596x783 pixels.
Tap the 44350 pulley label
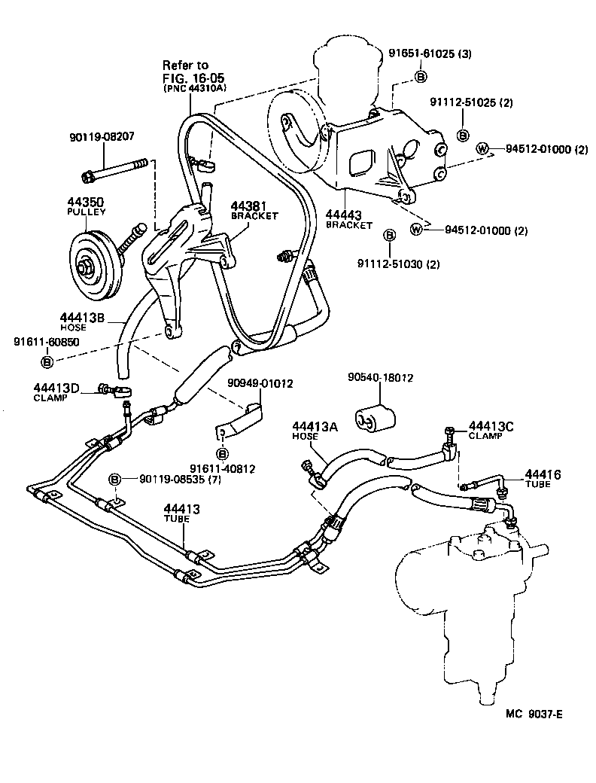pyautogui.click(x=87, y=207)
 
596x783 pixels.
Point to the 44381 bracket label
pyautogui.click(x=254, y=209)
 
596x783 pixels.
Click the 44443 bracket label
pyautogui.click(x=348, y=219)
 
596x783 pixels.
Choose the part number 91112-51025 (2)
pyautogui.click(x=471, y=102)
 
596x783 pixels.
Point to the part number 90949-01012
pyautogui.click(x=260, y=382)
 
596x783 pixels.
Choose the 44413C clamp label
pyautogui.click(x=491, y=430)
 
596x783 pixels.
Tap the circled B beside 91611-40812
pyautogui.click(x=223, y=453)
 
